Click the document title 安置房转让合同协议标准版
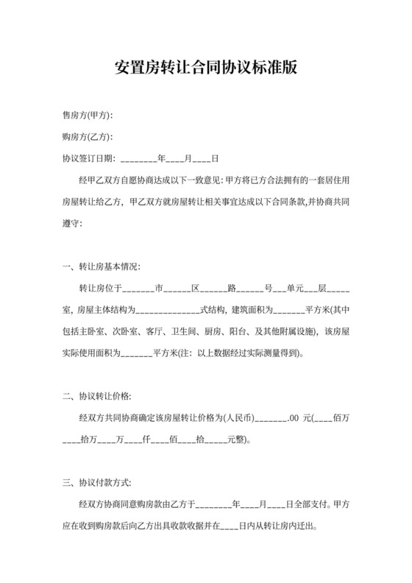[206, 68]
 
